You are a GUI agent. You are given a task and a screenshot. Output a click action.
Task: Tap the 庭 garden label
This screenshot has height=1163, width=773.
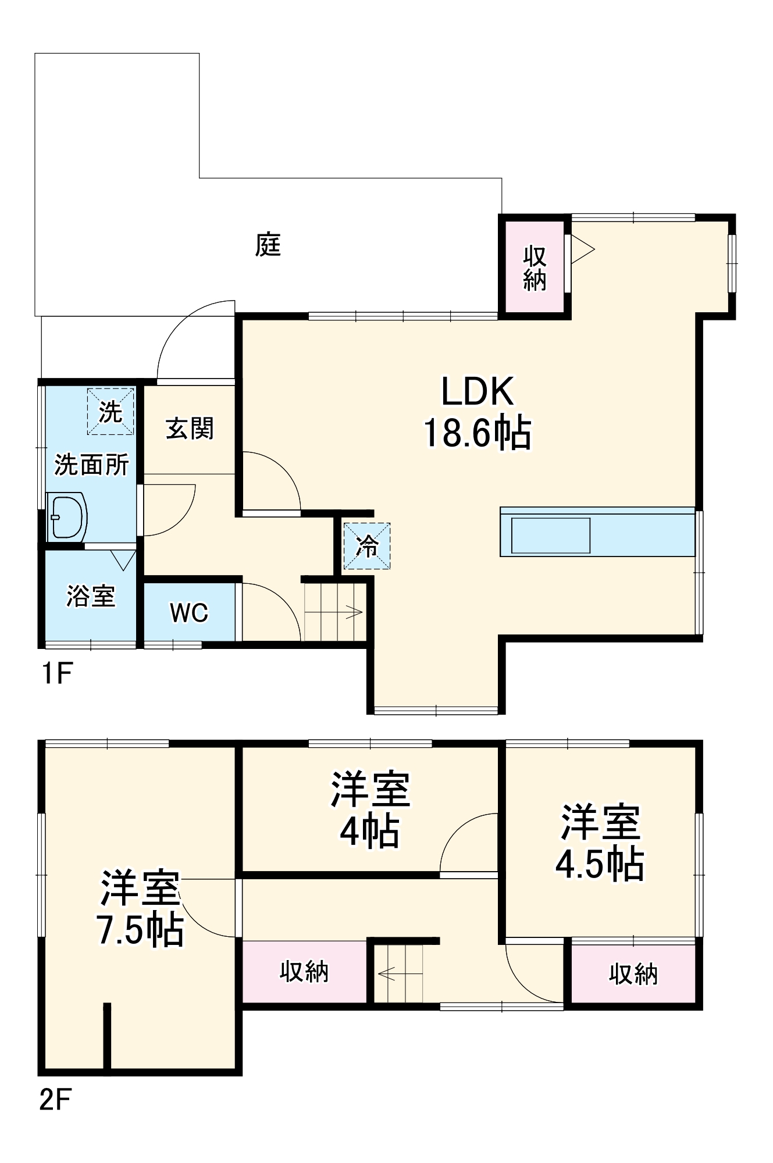268,245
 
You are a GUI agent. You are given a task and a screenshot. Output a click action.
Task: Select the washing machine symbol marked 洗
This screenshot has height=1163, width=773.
111,412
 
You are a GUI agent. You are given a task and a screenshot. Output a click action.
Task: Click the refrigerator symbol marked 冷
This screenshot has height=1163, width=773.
367,546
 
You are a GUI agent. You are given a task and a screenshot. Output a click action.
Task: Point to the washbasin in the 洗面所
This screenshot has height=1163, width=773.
66,516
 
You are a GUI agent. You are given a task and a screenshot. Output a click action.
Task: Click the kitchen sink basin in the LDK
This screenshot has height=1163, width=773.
550,535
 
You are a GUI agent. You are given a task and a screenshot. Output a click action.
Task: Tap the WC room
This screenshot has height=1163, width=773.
189,612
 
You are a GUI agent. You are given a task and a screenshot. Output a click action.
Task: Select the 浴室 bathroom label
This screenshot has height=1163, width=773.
91,596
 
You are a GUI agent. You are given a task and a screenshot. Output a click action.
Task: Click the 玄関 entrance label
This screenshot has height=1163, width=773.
190,429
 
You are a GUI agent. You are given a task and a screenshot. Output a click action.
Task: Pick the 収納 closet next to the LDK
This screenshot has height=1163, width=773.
534,268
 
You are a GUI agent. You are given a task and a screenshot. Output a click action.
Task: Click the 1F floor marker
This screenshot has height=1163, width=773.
56,674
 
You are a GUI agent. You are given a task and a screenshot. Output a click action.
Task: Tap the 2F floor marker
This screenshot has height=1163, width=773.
55,1100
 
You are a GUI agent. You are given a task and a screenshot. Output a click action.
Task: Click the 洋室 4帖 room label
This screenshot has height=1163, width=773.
370,809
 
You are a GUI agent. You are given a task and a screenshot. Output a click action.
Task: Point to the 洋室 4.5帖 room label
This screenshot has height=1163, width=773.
600,843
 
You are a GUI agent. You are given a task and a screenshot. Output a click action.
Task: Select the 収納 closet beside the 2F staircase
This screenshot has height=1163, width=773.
304,972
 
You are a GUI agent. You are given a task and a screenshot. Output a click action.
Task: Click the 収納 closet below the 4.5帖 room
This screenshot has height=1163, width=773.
633,973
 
